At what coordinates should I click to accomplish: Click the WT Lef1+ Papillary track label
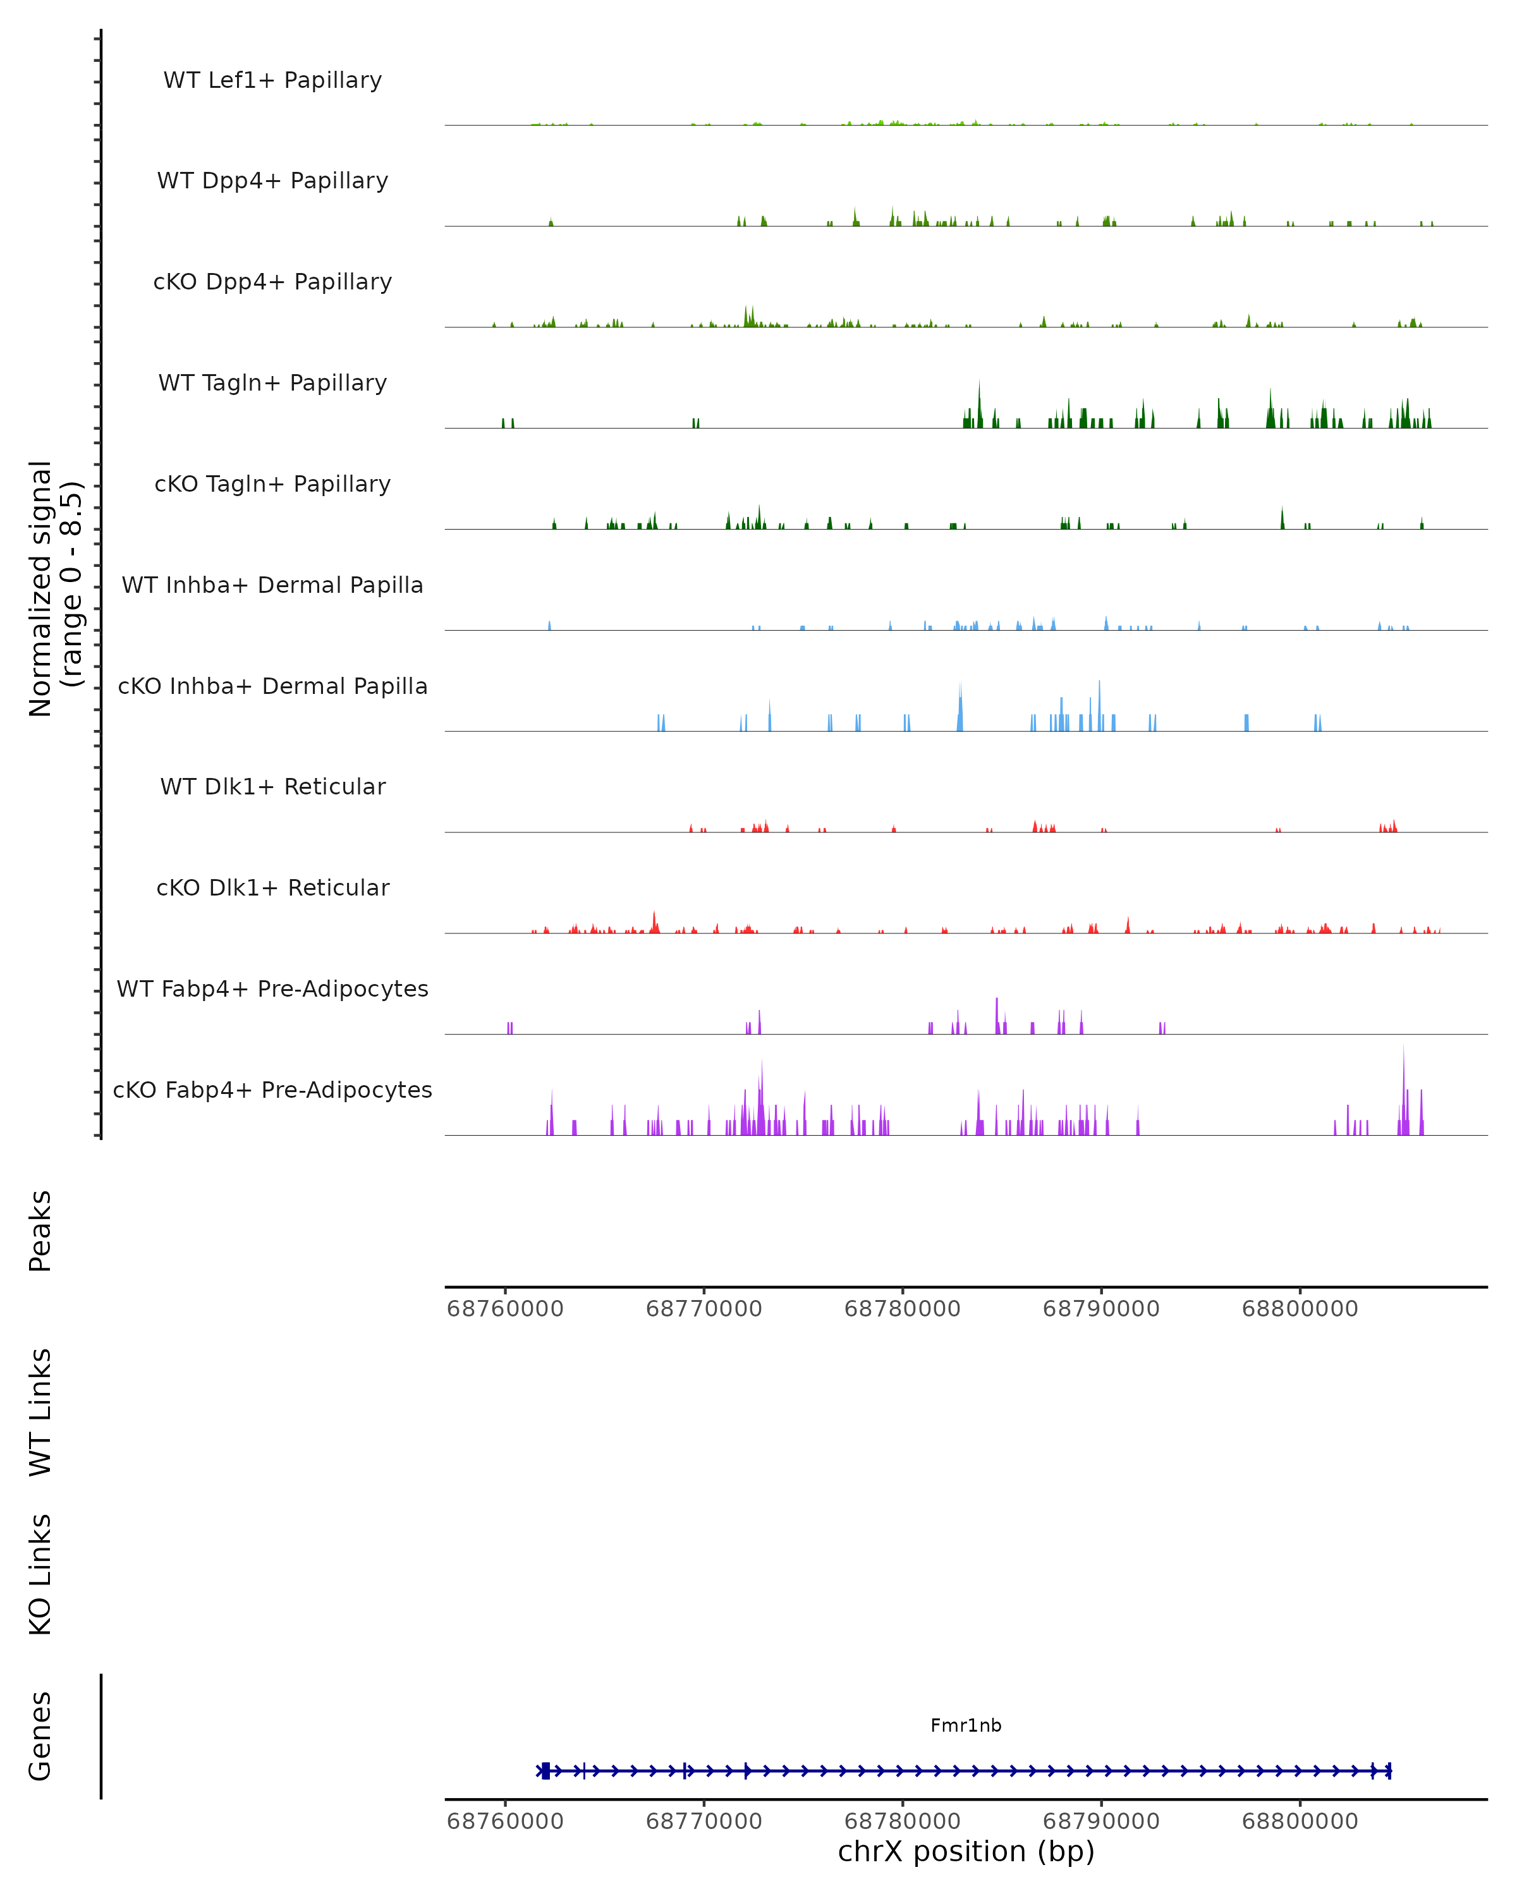tap(272, 80)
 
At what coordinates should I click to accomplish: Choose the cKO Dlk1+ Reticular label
tap(272, 887)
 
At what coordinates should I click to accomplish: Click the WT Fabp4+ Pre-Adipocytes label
tap(272, 988)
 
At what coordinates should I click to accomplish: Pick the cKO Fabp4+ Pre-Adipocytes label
tap(272, 1090)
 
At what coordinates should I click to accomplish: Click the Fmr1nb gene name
tap(966, 1725)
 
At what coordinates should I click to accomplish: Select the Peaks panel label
tap(40, 1231)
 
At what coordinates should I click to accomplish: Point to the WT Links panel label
tap(40, 1411)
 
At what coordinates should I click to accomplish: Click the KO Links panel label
tap(40, 1574)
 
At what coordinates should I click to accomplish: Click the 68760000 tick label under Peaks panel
tap(505, 1309)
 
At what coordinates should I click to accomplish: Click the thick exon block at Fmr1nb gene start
tap(545, 1770)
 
